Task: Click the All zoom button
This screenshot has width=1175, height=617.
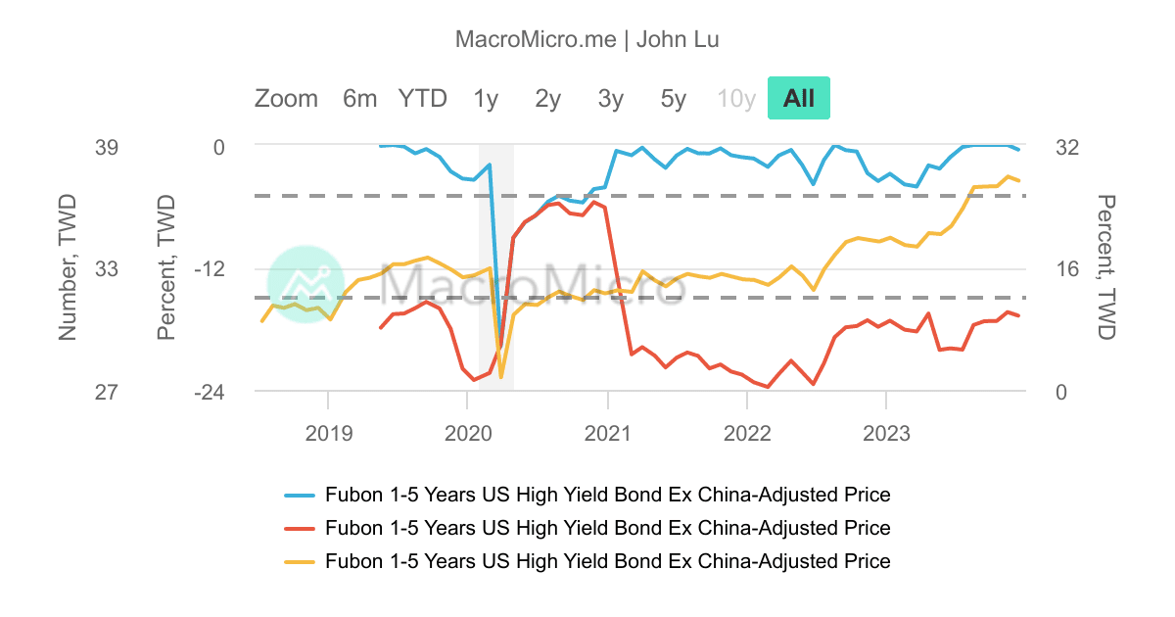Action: pyautogui.click(x=798, y=98)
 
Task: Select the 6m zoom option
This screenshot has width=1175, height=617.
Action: pyautogui.click(x=359, y=98)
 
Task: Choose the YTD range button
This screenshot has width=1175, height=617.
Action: pyautogui.click(x=422, y=98)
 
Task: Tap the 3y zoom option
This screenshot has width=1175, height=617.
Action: pyautogui.click(x=611, y=98)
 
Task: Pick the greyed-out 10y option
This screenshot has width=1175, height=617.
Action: pyautogui.click(x=736, y=98)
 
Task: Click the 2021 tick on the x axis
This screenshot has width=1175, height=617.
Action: pyautogui.click(x=608, y=431)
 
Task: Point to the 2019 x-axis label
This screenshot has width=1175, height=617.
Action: pyautogui.click(x=328, y=431)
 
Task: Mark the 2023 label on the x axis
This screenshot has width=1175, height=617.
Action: pyautogui.click(x=886, y=431)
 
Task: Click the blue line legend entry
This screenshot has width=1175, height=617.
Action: pyautogui.click(x=607, y=495)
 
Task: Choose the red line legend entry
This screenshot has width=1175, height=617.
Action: pyautogui.click(x=607, y=528)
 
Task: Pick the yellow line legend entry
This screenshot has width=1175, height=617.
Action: pyautogui.click(x=607, y=561)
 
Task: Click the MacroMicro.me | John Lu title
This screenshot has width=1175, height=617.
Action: pyautogui.click(x=587, y=39)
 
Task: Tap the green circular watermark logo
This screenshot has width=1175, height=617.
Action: pyautogui.click(x=305, y=284)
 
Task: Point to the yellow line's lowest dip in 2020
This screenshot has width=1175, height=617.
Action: pyautogui.click(x=501, y=377)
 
